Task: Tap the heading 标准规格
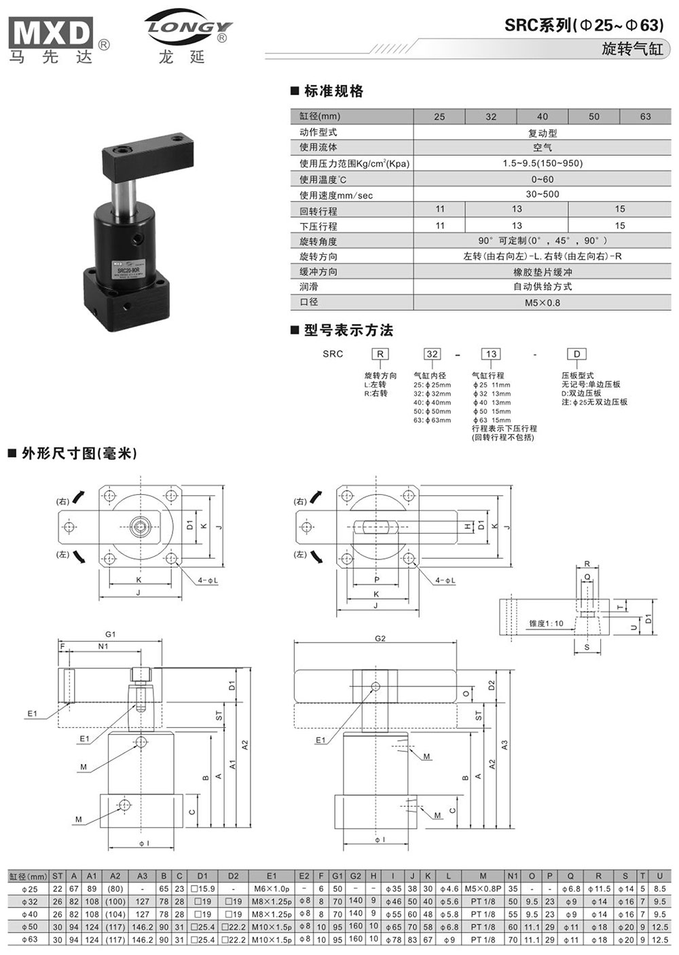click(x=333, y=91)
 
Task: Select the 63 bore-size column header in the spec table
click(x=645, y=116)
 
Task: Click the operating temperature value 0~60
click(x=542, y=179)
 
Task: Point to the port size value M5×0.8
click(x=542, y=302)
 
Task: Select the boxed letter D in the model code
click(x=577, y=354)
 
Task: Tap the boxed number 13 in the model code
click(x=491, y=354)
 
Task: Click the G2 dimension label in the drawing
click(x=380, y=638)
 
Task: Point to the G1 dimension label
click(x=111, y=634)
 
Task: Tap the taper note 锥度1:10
click(x=546, y=623)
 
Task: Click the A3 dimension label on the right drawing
click(x=504, y=745)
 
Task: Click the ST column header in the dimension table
click(x=58, y=876)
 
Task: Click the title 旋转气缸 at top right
click(x=631, y=49)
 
